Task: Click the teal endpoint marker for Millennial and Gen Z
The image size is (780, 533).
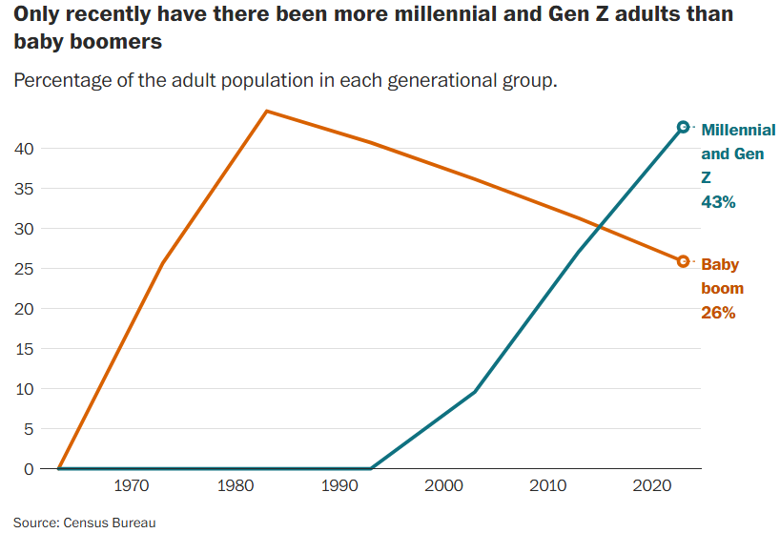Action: (683, 127)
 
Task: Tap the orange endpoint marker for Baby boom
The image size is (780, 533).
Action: (683, 261)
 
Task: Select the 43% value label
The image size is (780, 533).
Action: (718, 202)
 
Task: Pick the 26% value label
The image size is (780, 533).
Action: (718, 313)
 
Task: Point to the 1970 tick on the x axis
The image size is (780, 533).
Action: (130, 486)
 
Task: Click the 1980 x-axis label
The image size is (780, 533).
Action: (234, 486)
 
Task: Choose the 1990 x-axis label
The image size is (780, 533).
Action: (338, 486)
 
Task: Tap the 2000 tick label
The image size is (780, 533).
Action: (442, 486)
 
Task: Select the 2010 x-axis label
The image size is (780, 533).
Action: (546, 486)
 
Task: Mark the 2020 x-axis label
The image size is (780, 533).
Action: (650, 486)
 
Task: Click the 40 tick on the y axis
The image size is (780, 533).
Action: (25, 149)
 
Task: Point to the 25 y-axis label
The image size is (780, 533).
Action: (25, 269)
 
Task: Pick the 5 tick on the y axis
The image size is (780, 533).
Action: (30, 429)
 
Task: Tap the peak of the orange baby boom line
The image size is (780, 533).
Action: (266, 112)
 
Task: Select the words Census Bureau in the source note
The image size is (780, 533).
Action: (110, 523)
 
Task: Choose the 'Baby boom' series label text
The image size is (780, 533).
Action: (722, 277)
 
